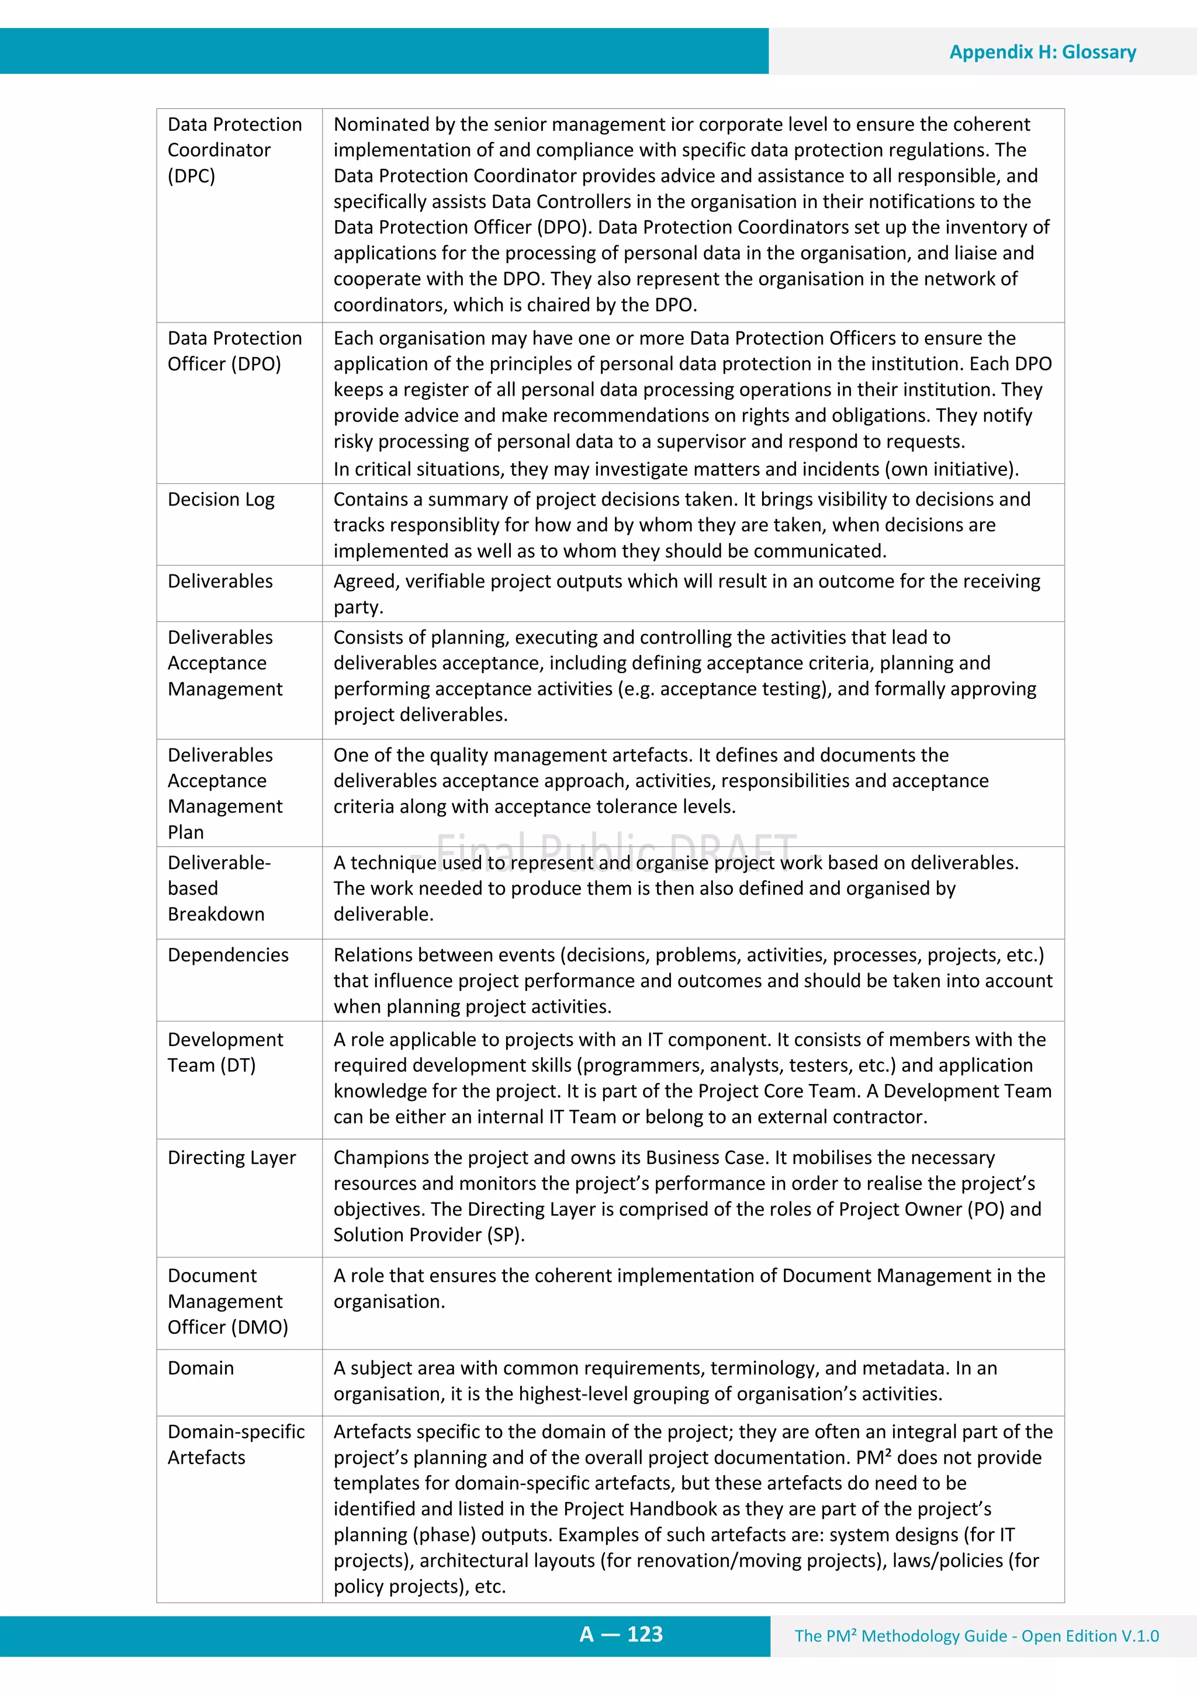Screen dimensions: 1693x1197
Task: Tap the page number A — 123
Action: [x=621, y=1634]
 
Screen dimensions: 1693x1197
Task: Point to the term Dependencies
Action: [x=228, y=955]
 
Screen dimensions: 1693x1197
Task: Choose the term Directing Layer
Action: [x=231, y=1158]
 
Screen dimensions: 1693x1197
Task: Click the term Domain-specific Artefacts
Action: [x=236, y=1444]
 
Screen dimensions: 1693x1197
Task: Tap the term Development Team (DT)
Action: [x=225, y=1053]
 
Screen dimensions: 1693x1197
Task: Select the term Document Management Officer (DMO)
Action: [x=227, y=1301]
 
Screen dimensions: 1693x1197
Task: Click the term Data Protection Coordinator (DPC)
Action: [x=234, y=150]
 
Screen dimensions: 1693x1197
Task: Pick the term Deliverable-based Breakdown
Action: [x=219, y=888]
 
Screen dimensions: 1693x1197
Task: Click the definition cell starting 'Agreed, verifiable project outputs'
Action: [x=686, y=594]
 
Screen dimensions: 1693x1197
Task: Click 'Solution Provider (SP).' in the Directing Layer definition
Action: [x=428, y=1235]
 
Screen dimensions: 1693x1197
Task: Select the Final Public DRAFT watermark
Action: [x=617, y=848]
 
